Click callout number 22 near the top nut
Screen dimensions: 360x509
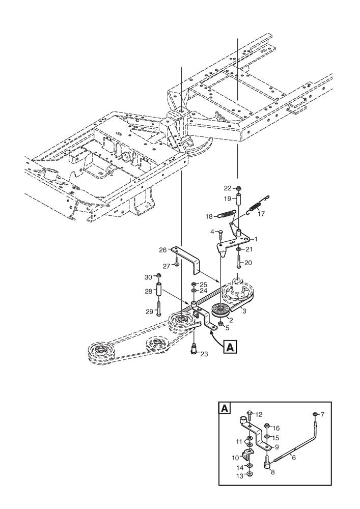point(228,188)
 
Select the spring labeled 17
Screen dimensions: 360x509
point(258,206)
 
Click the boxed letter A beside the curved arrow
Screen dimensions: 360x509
point(230,347)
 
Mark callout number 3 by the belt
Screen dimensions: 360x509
point(244,312)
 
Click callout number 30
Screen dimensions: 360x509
point(148,277)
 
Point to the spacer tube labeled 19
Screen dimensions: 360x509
point(238,199)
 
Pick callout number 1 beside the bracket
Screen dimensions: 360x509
point(256,239)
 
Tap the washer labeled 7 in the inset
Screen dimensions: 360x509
point(315,414)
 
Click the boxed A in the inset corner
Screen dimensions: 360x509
point(225,408)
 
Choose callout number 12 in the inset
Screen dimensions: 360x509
point(259,414)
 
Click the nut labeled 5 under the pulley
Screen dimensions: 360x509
point(220,324)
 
